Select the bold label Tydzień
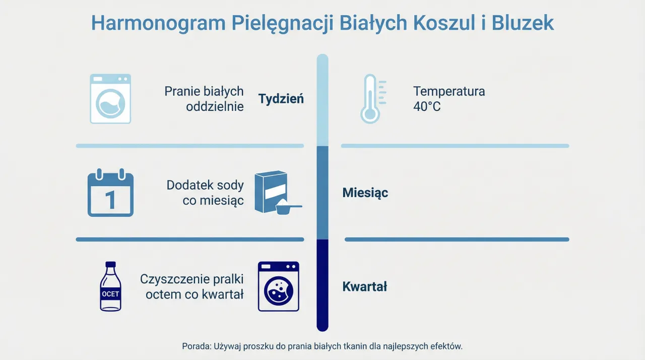281,99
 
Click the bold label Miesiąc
365,193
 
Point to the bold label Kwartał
365,287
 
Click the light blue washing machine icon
110,99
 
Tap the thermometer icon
370,99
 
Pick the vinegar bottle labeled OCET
110,286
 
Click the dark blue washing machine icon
278,286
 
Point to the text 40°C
427,107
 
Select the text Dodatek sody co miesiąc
206,193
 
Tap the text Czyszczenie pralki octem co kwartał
192,287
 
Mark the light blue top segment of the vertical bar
322,101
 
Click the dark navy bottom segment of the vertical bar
322,285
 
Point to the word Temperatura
449,91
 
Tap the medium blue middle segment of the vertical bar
322,193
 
